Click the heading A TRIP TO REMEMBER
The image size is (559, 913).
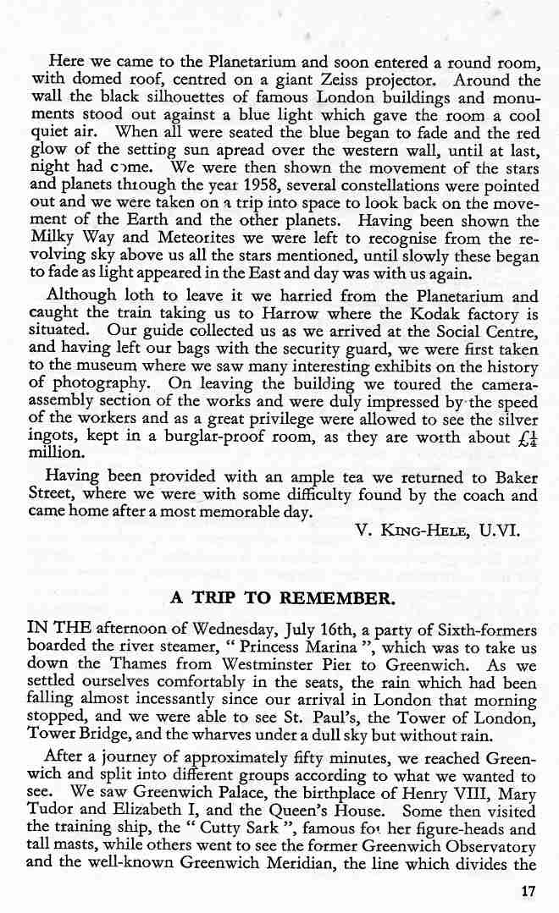click(283, 597)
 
